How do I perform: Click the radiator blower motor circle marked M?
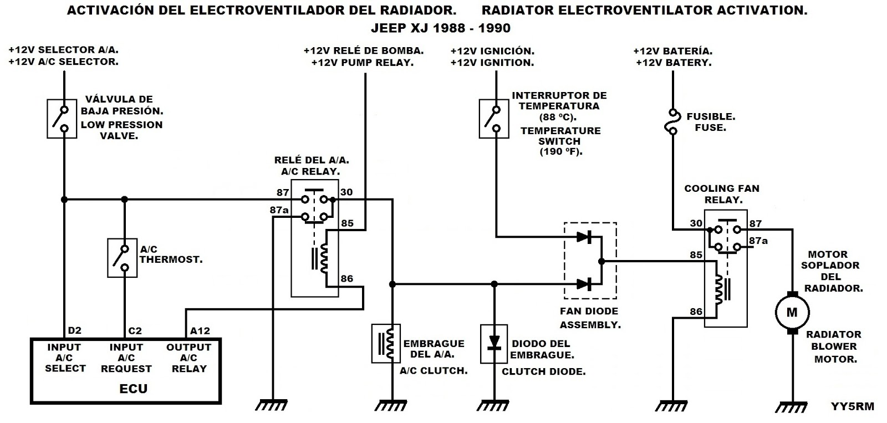click(792, 312)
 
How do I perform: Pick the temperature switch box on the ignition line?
click(493, 119)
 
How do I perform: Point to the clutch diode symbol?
click(493, 342)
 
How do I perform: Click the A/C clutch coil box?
click(385, 343)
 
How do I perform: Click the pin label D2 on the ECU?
click(74, 331)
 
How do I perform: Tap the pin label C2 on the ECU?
click(135, 331)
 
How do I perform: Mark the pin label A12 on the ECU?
click(200, 331)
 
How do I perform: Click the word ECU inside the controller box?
click(134, 388)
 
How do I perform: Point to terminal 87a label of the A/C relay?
click(279, 210)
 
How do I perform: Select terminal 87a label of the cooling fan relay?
click(758, 241)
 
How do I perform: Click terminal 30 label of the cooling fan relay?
click(696, 223)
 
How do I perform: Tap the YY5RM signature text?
click(852, 406)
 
